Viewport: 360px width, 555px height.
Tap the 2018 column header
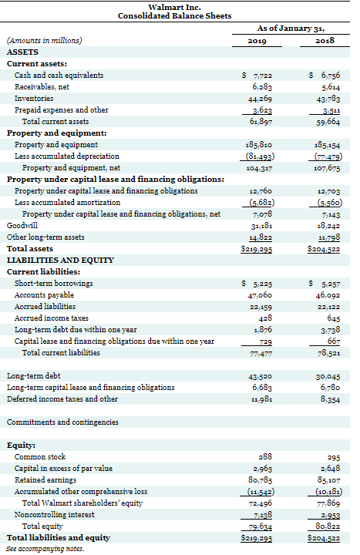coord(324,41)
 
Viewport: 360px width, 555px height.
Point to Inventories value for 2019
coord(257,99)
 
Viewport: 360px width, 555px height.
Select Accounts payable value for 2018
coord(325,294)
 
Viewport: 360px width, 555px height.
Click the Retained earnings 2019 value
coord(257,479)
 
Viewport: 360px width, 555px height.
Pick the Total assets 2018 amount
coord(323,249)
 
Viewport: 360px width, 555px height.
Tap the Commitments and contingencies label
coord(62,422)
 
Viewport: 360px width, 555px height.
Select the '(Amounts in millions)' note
coord(44,41)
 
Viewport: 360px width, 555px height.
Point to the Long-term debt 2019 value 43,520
coord(257,375)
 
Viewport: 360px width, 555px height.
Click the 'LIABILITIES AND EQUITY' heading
coord(61,260)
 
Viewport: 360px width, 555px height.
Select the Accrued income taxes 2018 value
coord(328,318)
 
